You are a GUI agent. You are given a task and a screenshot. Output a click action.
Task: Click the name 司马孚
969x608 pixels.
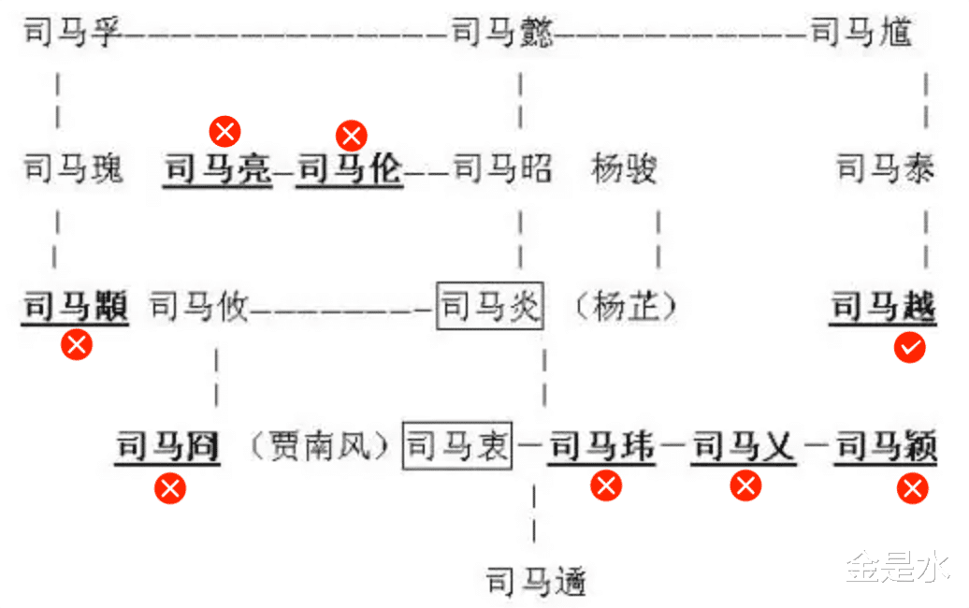tap(73, 35)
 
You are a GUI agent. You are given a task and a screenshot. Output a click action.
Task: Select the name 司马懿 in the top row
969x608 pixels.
tap(502, 35)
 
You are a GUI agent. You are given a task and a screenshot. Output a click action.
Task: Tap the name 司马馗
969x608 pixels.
tap(861, 35)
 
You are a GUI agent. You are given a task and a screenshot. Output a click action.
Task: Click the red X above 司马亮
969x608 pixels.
tap(224, 131)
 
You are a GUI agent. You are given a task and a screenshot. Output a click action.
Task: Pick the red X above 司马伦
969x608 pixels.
tap(352, 136)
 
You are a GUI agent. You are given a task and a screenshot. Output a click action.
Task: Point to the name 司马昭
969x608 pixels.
tap(502, 169)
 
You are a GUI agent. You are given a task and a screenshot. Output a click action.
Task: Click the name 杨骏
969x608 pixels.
tap(624, 169)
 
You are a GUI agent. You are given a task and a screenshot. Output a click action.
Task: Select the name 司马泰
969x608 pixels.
tap(885, 169)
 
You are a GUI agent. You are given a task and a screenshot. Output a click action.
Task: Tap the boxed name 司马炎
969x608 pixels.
tap(489, 305)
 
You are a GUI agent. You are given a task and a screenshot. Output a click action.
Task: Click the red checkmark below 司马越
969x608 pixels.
tap(910, 348)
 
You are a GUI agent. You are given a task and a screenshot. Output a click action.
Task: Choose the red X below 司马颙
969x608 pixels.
tap(77, 344)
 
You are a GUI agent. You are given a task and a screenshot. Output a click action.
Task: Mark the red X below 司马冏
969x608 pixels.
tap(170, 487)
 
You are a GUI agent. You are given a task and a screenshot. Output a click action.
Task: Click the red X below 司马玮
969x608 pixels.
tap(606, 485)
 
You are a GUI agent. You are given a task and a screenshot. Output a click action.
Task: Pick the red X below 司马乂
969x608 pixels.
tap(745, 485)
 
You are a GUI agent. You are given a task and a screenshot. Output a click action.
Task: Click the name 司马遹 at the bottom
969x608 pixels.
tap(536, 582)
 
